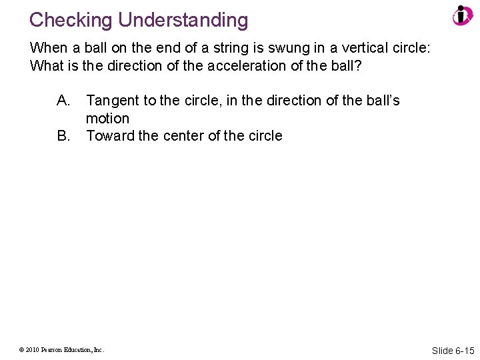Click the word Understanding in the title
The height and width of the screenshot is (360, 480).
coord(183,20)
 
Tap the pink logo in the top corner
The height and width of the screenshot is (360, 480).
coord(462,16)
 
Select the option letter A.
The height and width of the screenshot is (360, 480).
coord(64,101)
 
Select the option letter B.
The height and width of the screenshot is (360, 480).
coord(64,136)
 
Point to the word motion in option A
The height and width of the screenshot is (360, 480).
coord(107,119)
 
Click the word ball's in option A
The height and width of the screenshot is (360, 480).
coord(378,101)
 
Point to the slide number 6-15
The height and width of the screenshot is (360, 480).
coord(465,350)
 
